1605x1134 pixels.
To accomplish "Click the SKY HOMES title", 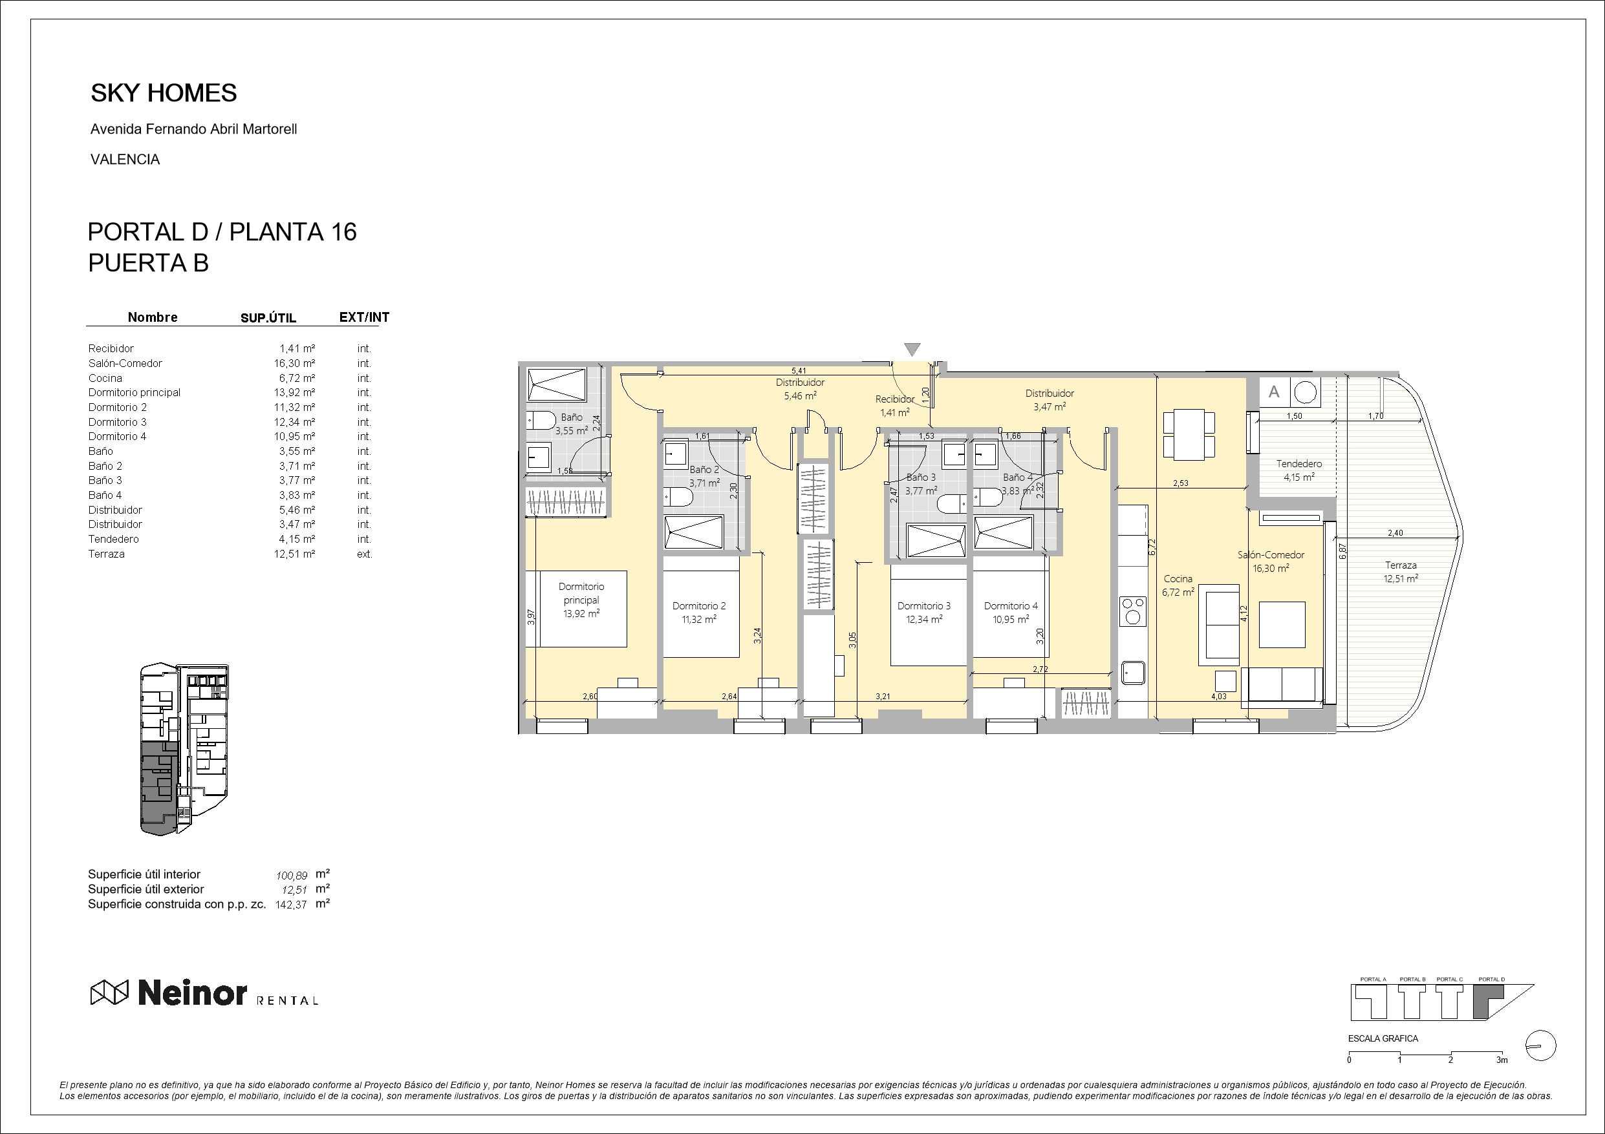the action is (x=164, y=93).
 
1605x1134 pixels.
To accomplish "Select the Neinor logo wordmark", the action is (x=192, y=992).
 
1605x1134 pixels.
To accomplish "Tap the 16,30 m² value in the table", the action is (x=294, y=363).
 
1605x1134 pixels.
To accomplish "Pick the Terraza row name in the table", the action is (x=106, y=554).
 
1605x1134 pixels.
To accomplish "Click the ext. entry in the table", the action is (x=364, y=554).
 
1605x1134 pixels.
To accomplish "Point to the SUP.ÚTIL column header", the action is (x=268, y=318).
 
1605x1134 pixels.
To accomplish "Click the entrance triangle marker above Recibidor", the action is (x=912, y=349).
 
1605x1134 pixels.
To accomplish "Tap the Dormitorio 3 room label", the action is (x=924, y=606).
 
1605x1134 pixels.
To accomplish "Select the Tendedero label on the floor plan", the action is (x=1299, y=463).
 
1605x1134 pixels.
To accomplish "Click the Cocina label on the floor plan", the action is (x=1178, y=578).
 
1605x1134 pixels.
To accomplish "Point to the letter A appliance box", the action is (x=1275, y=392).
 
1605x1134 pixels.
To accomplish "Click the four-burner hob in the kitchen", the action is (x=1132, y=610).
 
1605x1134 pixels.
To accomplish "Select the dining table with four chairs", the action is (x=1189, y=435).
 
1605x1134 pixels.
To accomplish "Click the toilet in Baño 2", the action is (x=678, y=497).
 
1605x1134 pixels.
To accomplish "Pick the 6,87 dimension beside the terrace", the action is (x=1342, y=551).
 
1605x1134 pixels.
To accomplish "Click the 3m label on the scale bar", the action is (x=1502, y=1060).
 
